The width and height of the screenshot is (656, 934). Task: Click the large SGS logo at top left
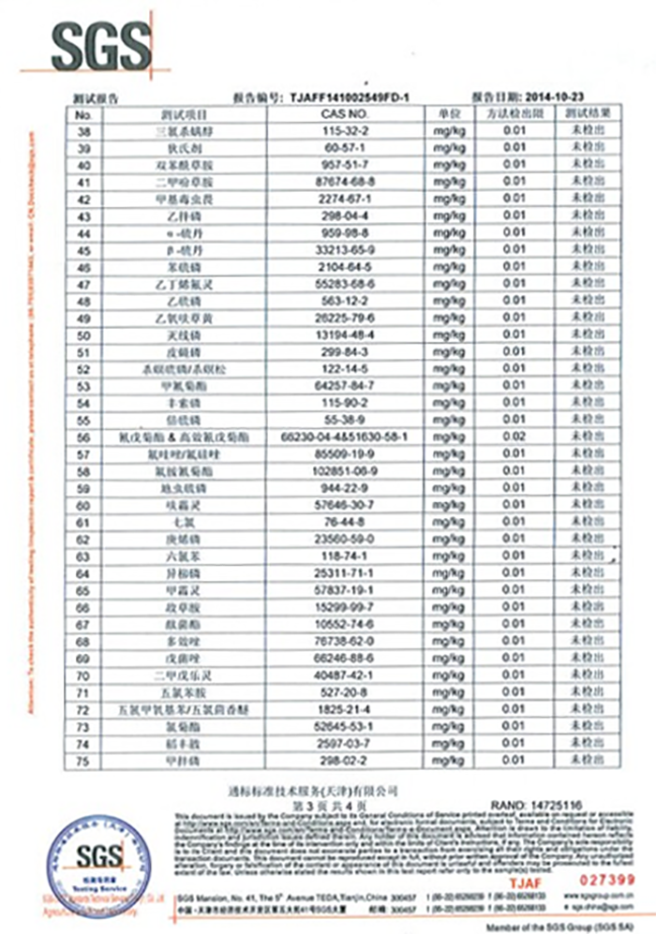100,44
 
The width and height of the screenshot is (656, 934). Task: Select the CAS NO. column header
335,113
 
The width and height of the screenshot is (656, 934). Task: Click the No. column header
82,113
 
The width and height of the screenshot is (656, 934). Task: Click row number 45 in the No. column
82,250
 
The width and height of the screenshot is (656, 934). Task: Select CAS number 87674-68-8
335,182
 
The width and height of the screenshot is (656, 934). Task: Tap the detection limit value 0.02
514,437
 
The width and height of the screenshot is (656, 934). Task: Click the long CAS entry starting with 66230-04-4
335,437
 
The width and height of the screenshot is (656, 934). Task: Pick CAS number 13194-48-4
335,335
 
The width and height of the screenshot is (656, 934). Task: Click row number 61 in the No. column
82,522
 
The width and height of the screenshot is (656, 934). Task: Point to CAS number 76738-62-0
335,641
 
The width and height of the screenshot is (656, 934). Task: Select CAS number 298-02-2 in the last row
335,760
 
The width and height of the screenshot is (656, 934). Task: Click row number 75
82,760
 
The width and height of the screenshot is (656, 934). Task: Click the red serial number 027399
608,879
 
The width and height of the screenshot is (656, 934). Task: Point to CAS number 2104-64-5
335,267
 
